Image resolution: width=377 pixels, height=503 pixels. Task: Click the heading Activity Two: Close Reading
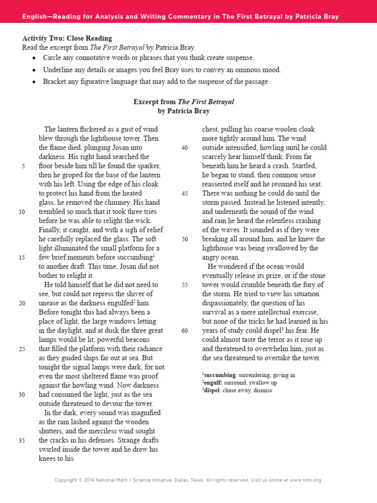coord(67,38)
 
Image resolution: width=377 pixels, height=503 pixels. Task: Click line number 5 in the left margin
coord(23,166)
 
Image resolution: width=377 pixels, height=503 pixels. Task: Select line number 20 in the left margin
coord(22,303)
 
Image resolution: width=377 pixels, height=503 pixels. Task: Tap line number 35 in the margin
coord(22,441)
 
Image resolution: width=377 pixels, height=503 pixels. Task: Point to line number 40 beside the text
coord(185,148)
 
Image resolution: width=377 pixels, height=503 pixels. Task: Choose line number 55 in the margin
coord(185,285)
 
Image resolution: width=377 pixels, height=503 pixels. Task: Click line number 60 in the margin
coord(185,331)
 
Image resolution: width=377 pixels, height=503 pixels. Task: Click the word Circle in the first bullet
coord(53,57)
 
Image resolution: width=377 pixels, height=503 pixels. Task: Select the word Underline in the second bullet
coord(58,70)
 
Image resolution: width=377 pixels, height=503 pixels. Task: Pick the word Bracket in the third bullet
coord(55,82)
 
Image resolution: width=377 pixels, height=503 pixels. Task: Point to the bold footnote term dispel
coord(212,391)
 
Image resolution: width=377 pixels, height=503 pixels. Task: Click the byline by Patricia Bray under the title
coord(184,111)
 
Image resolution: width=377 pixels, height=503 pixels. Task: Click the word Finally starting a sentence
coord(50,230)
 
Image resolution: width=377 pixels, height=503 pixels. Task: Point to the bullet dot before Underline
coord(33,70)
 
